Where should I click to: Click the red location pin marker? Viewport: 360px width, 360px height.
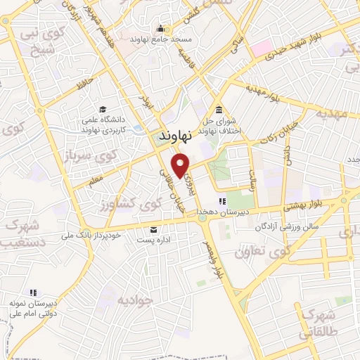pos(182,165)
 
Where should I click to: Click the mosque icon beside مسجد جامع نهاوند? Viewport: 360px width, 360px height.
pos(161,29)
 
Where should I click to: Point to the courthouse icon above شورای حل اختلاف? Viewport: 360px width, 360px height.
pos(219,110)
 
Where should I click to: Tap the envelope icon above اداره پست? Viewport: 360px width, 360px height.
pos(154,230)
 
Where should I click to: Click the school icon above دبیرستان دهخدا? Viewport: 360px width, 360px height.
pos(221,202)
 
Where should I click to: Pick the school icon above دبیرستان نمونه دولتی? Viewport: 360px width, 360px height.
pos(32,292)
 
